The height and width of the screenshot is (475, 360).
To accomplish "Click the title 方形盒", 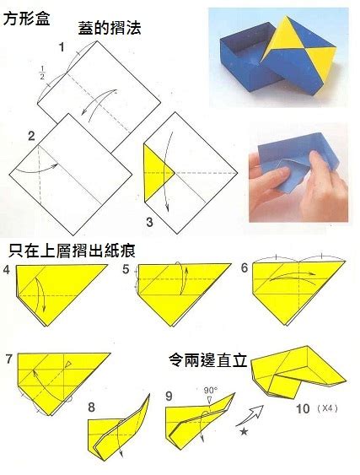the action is (26, 19).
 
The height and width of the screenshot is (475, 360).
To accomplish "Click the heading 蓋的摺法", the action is (110, 28).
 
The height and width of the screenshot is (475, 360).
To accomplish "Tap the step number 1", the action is (62, 47).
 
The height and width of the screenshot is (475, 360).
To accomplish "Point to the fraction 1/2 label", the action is (42, 72).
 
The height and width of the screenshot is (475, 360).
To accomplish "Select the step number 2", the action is (31, 136).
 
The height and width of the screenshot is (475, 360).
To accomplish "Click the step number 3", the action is (149, 222).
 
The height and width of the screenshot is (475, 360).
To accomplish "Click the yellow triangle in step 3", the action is (159, 173).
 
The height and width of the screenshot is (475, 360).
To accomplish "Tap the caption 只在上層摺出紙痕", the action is (72, 251).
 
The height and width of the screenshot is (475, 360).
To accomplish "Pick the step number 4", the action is (7, 270).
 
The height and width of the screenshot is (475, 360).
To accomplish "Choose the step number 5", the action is (126, 269).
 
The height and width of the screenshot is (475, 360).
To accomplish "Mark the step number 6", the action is (244, 267).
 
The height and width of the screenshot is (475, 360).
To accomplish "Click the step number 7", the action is (8, 359).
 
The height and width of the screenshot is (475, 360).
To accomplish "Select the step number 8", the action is (91, 408).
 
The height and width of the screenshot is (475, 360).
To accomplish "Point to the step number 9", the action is (169, 396).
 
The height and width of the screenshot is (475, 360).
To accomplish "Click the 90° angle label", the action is (211, 390).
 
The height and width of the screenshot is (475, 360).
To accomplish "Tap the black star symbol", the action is (244, 431).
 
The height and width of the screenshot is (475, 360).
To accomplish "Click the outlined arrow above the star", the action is (250, 415).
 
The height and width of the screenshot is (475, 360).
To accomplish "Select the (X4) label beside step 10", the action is (327, 408).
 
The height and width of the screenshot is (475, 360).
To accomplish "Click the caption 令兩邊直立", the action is (207, 360).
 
